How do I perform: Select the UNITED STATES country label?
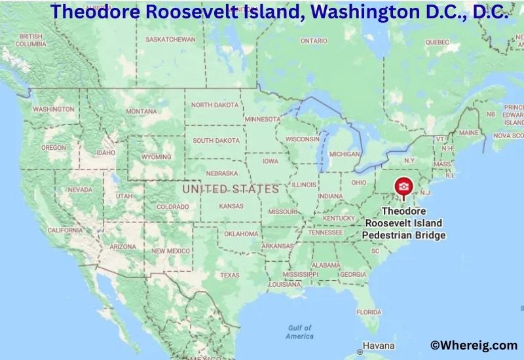231,189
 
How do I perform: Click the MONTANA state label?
141,111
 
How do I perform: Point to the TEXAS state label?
230,275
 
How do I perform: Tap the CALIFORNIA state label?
65,230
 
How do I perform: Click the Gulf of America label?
299,332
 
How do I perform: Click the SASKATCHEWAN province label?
170,39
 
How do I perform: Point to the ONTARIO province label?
314,41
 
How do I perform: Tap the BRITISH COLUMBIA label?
31,40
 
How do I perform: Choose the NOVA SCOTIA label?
510,135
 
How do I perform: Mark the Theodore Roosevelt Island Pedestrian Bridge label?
405,223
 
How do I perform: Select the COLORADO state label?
172,207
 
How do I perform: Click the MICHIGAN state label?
345,154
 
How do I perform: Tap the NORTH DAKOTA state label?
215,105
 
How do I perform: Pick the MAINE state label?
469,132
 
